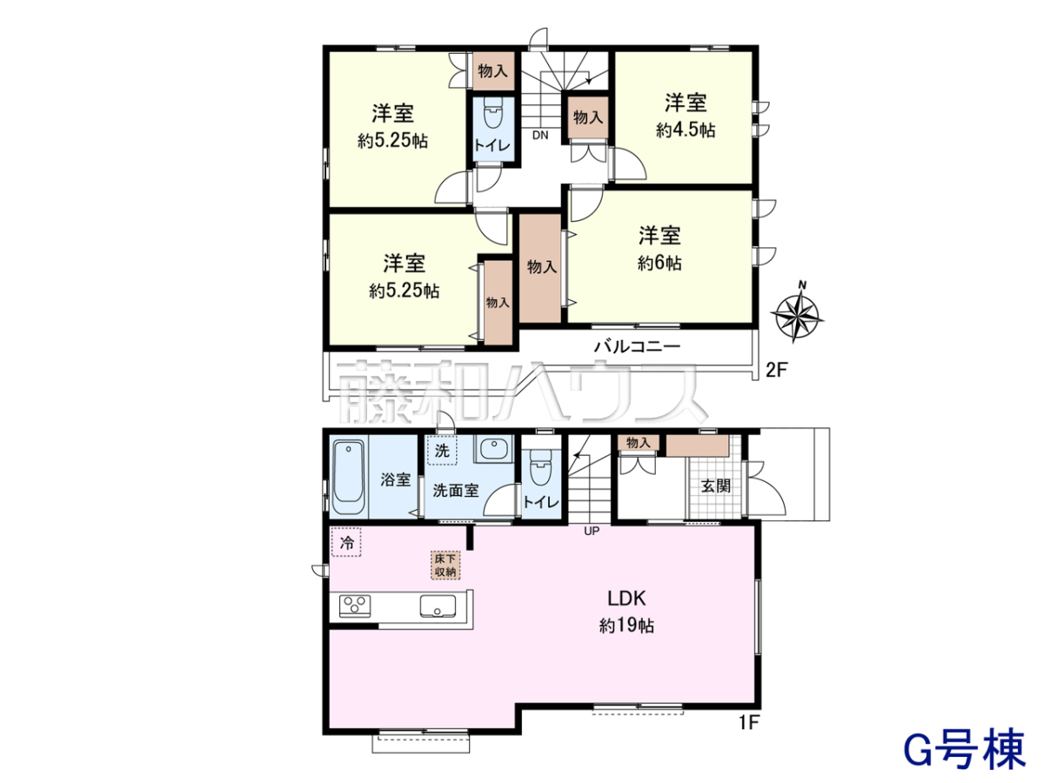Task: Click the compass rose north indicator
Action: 797,313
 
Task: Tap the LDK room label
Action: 626,599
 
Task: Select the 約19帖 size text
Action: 626,626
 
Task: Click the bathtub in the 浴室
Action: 349,477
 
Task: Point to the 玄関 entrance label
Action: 716,485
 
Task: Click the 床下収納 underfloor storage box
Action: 445,565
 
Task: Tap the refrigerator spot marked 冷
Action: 346,542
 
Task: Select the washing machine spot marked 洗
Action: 442,450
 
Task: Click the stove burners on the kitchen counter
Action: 355,606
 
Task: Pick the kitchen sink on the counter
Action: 438,606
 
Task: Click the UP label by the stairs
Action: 592,531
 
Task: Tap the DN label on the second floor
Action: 540,136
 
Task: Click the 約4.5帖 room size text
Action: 686,130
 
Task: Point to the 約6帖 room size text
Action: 659,263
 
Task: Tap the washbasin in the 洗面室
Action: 493,449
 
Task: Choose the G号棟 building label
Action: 964,748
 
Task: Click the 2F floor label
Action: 777,370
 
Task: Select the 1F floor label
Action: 747,736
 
